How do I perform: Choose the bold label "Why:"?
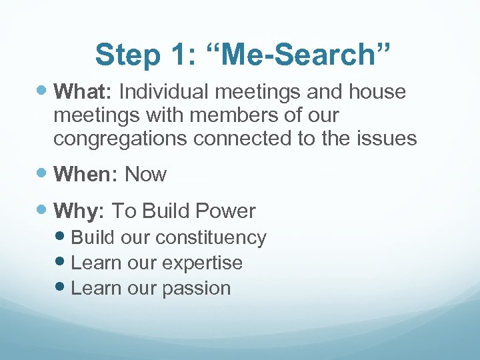(79, 211)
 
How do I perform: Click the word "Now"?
(146, 174)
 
